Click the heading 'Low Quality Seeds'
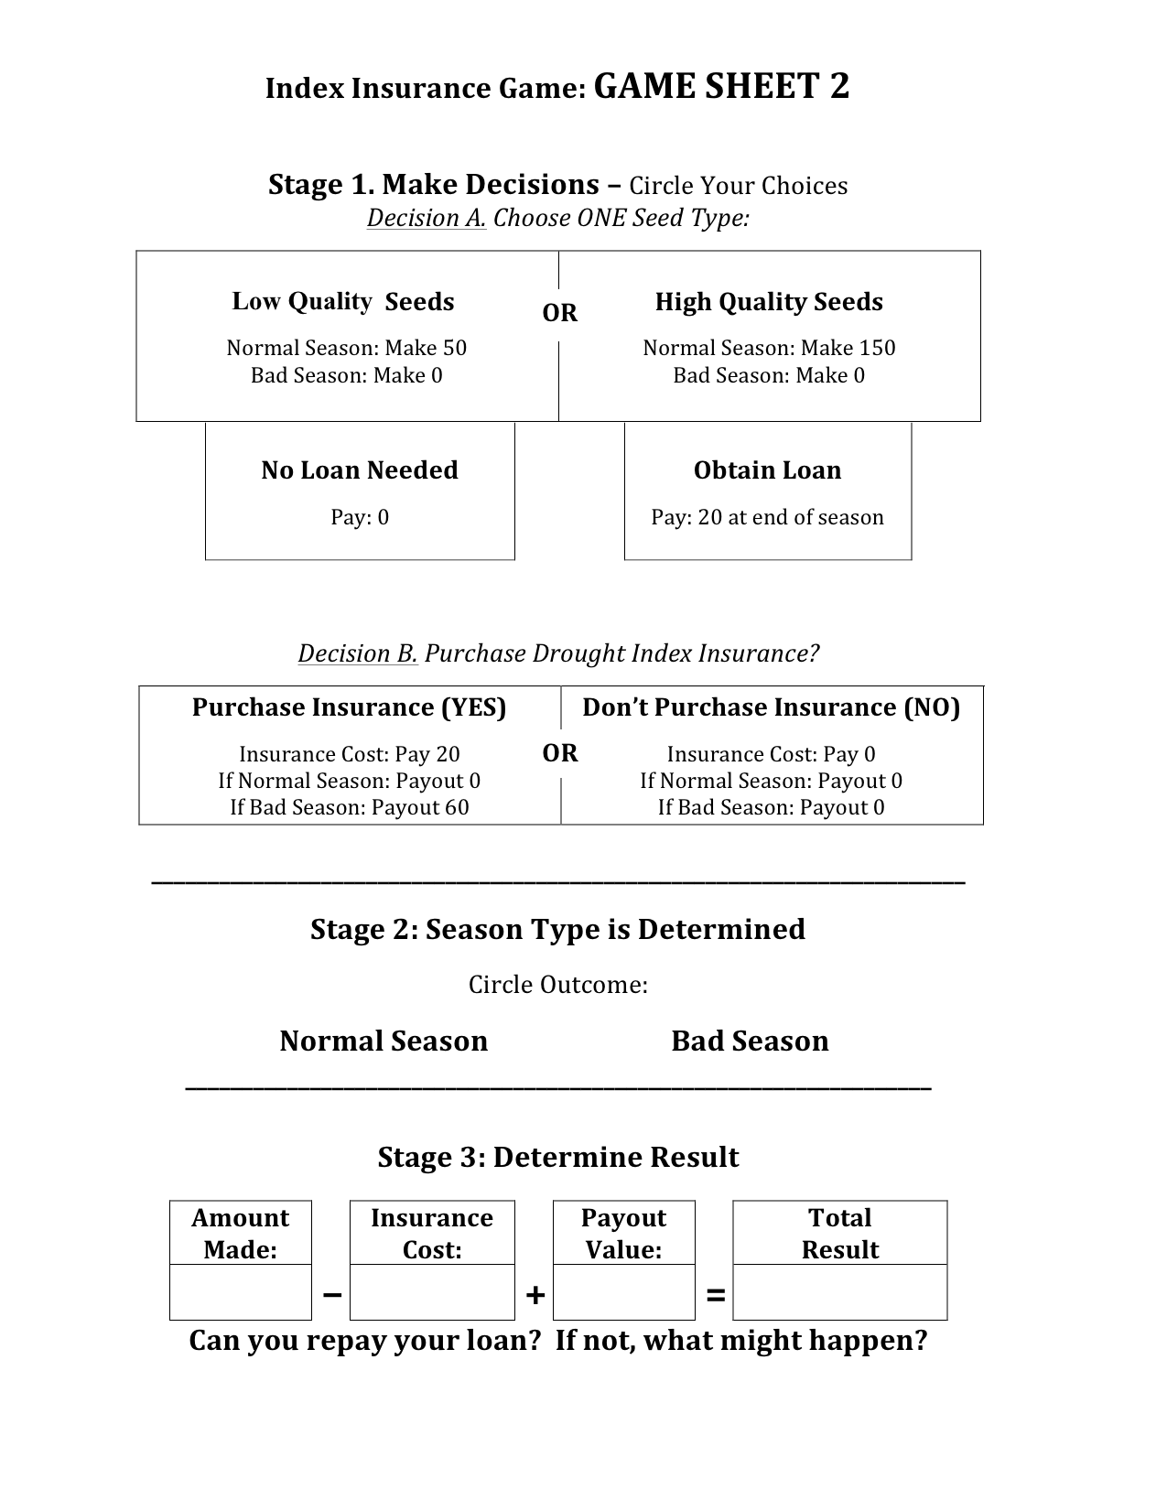(x=343, y=302)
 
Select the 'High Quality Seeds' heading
(x=769, y=302)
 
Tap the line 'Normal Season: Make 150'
(x=769, y=348)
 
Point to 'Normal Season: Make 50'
(x=346, y=348)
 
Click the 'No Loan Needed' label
(x=360, y=470)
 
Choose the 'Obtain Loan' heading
(x=767, y=470)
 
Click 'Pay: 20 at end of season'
(x=767, y=517)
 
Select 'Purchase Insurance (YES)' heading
(x=349, y=707)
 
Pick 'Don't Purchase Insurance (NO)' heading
(x=771, y=707)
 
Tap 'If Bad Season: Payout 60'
(x=349, y=807)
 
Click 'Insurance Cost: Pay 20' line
(x=349, y=754)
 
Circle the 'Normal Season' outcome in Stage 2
(x=384, y=1042)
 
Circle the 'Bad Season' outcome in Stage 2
(x=750, y=1042)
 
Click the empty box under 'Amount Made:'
(x=241, y=1292)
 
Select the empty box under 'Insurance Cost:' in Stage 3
(x=432, y=1292)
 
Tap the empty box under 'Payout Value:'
(x=623, y=1292)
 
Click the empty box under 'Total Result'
(x=839, y=1292)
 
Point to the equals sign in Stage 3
(x=716, y=1295)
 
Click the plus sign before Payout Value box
(x=535, y=1295)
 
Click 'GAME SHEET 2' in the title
(x=721, y=87)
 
